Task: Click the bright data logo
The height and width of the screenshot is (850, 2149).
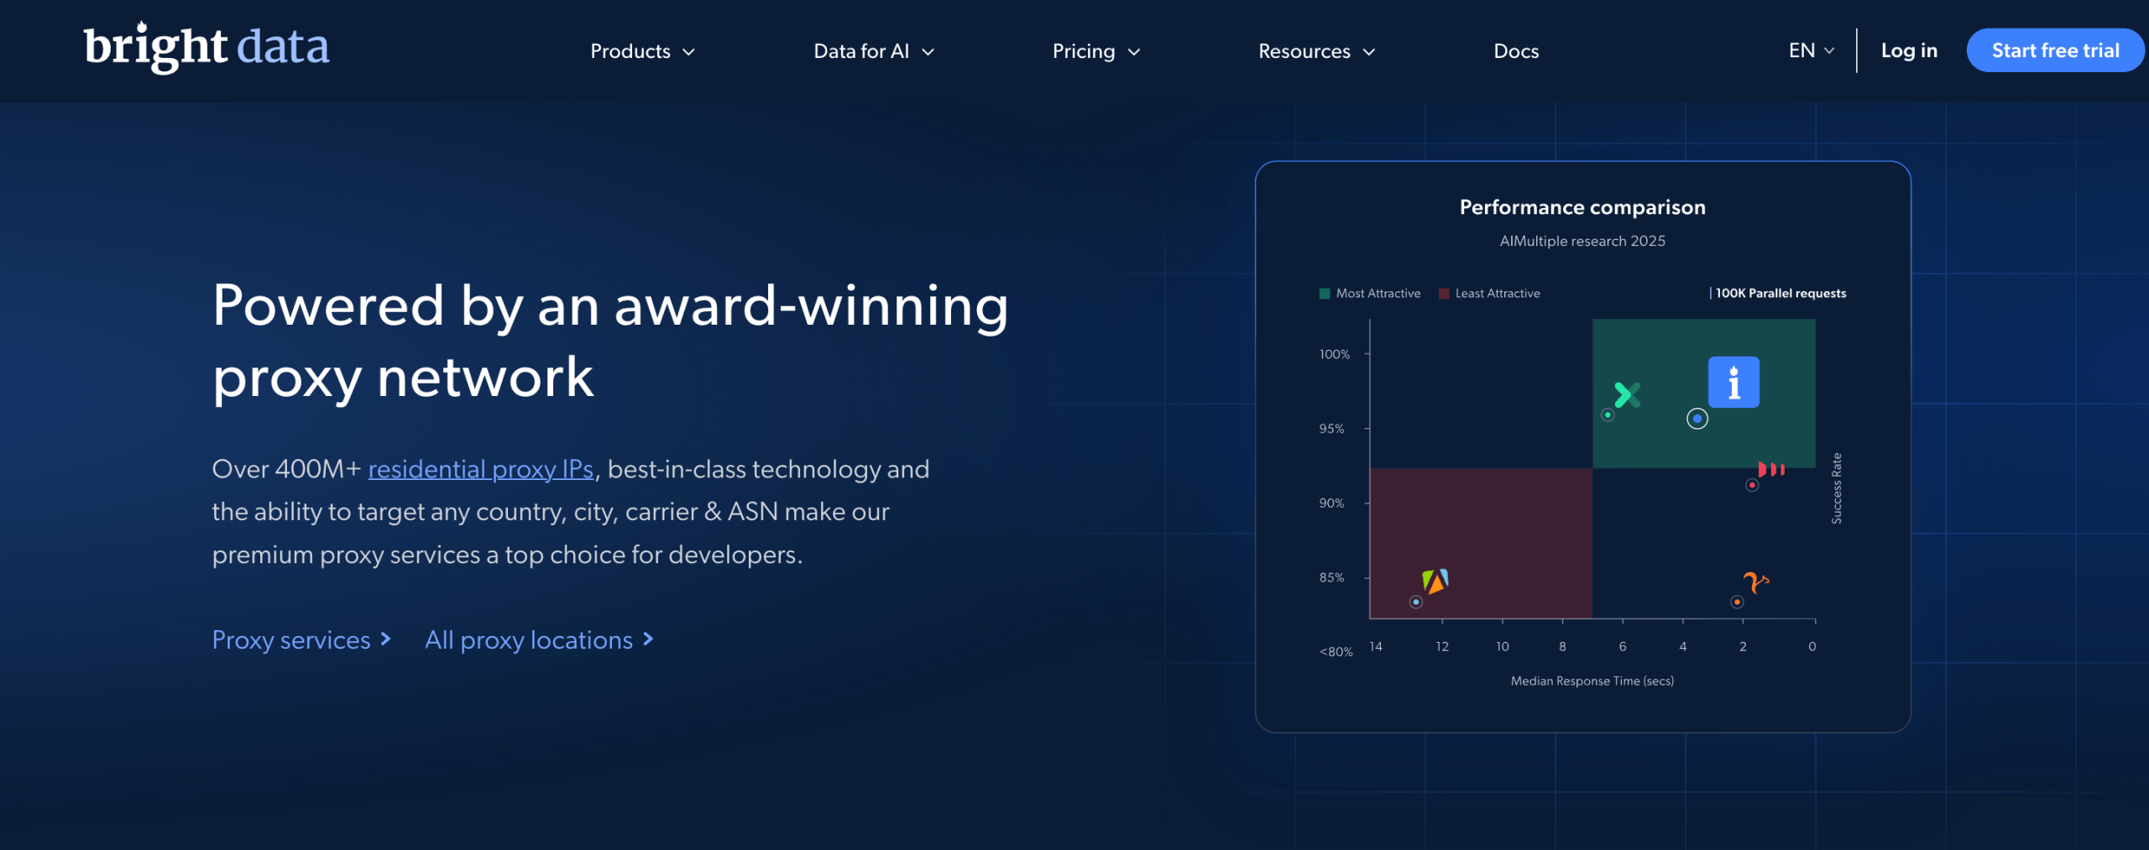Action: pyautogui.click(x=207, y=47)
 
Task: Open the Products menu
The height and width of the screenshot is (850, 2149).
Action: pyautogui.click(x=642, y=51)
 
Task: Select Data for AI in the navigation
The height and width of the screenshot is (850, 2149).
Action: pyautogui.click(x=874, y=51)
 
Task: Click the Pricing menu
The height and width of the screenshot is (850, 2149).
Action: pyautogui.click(x=1096, y=51)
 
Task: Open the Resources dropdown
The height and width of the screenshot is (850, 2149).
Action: pyautogui.click(x=1316, y=51)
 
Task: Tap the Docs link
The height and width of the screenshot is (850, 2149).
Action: pyautogui.click(x=1516, y=51)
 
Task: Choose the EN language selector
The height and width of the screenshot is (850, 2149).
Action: pyautogui.click(x=1812, y=50)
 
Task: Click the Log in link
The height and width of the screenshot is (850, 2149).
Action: pyautogui.click(x=1909, y=50)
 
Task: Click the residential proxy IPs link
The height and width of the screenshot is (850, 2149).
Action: pyautogui.click(x=480, y=469)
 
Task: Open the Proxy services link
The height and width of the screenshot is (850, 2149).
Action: pyautogui.click(x=301, y=640)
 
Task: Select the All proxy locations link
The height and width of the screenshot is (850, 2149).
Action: pyautogui.click(x=539, y=640)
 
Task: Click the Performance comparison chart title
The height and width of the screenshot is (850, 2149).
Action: pyautogui.click(x=1582, y=207)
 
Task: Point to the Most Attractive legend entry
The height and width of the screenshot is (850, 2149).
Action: pyautogui.click(x=1370, y=294)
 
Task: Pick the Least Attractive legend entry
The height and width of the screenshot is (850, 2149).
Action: pyautogui.click(x=1489, y=294)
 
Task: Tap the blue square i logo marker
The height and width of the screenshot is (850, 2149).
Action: pyautogui.click(x=1733, y=383)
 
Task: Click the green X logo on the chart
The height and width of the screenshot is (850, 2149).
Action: pyautogui.click(x=1627, y=394)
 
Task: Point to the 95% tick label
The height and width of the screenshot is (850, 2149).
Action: pyautogui.click(x=1331, y=429)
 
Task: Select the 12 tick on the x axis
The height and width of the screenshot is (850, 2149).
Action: pyautogui.click(x=1442, y=646)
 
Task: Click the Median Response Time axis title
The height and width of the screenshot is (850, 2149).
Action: pyautogui.click(x=1592, y=681)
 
